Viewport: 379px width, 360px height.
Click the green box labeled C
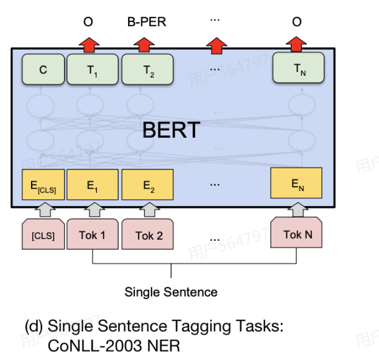coord(42,70)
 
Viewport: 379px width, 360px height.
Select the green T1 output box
coord(91,70)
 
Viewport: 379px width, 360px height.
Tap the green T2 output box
coord(147,70)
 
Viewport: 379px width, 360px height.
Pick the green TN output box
coord(299,70)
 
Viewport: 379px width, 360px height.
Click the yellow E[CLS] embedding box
coord(42,184)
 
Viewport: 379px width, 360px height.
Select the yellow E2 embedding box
coord(147,184)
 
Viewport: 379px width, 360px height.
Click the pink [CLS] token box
coord(42,235)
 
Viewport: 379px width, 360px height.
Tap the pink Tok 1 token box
coord(92,235)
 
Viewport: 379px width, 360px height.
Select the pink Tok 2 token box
coord(148,235)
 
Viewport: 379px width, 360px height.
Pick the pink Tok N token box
coord(297,234)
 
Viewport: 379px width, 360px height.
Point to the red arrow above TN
coord(297,44)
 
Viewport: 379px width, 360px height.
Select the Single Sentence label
coord(171,292)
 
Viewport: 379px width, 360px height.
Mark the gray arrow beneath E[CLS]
coord(42,211)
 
